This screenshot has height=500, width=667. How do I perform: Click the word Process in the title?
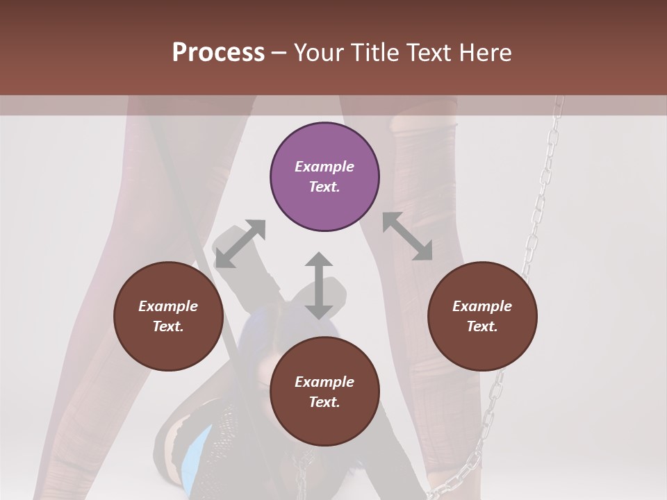(x=218, y=53)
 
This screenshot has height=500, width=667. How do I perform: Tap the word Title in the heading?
(x=378, y=53)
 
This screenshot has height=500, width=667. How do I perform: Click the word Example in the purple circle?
(x=324, y=167)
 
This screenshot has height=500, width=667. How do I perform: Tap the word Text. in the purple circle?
(x=324, y=187)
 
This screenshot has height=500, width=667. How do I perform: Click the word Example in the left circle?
(x=168, y=306)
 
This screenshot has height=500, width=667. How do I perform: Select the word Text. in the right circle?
(x=482, y=326)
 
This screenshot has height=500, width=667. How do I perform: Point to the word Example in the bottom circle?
(x=324, y=382)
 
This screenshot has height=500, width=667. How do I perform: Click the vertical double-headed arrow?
(x=319, y=285)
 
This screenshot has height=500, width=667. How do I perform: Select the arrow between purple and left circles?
(x=240, y=244)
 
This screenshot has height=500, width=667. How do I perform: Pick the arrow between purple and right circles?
(x=407, y=236)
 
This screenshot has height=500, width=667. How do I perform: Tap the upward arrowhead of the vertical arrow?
(x=319, y=260)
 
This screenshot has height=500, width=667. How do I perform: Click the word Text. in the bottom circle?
(x=324, y=402)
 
